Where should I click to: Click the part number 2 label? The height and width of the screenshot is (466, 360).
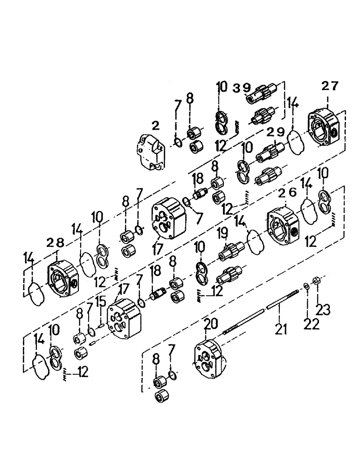point(155,125)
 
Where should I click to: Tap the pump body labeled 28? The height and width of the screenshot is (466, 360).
point(62,280)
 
